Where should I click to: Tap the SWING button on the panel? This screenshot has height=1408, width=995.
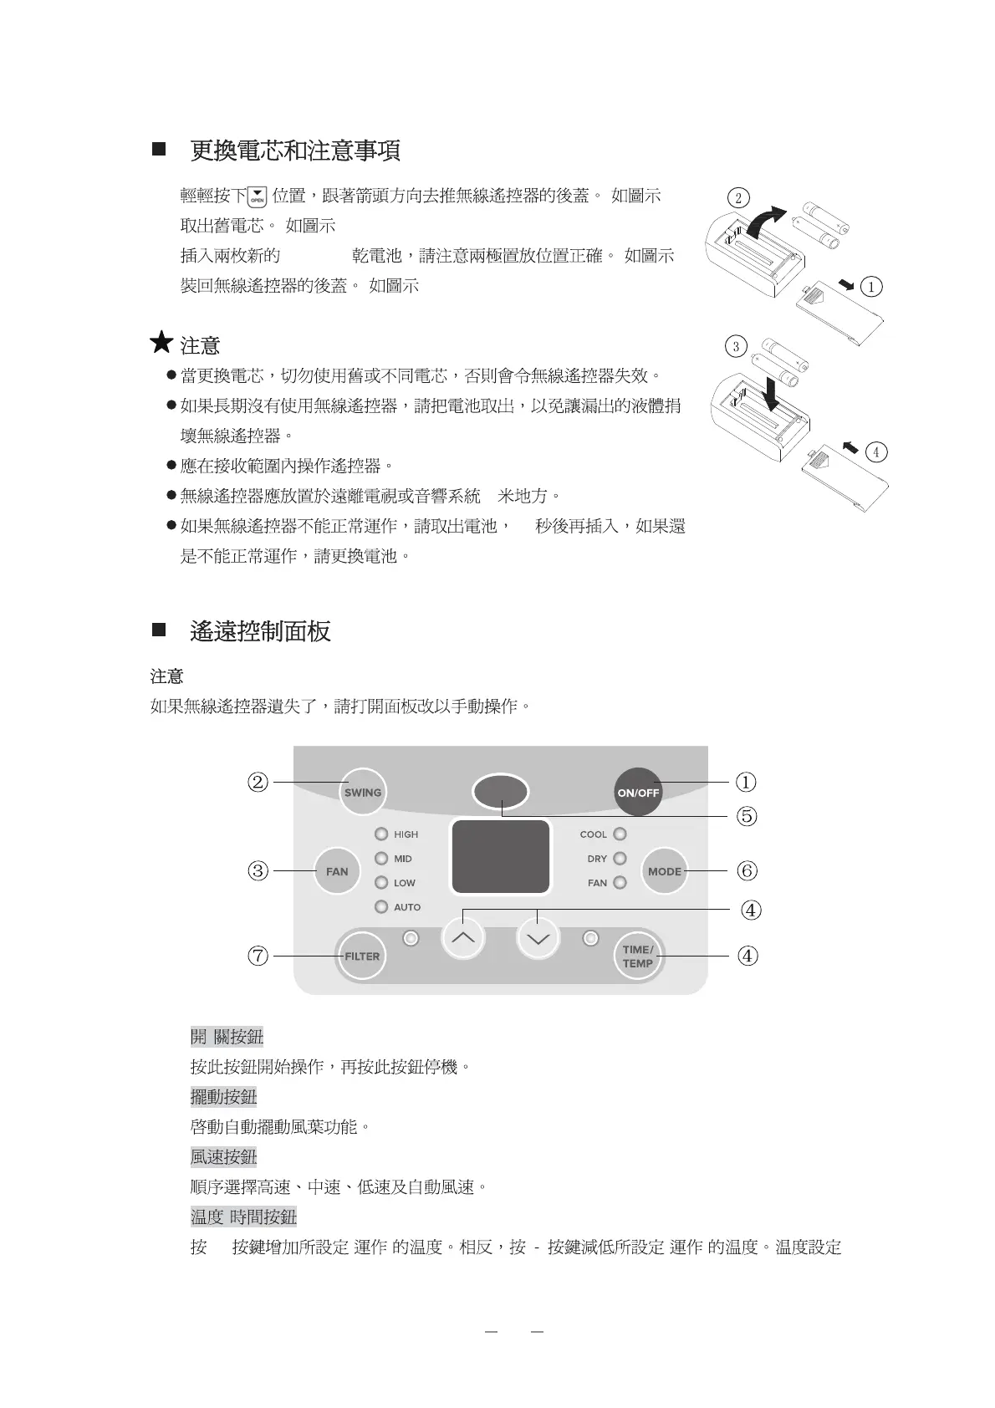pyautogui.click(x=363, y=792)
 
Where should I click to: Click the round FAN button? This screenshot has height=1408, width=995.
pyautogui.click(x=337, y=871)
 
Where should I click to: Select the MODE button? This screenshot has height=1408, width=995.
pyautogui.click(x=664, y=871)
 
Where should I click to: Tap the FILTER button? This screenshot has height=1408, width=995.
pyautogui.click(x=361, y=956)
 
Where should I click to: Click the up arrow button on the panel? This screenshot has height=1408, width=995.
pyautogui.click(x=462, y=938)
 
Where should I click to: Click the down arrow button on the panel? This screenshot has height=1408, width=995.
pyautogui.click(x=538, y=938)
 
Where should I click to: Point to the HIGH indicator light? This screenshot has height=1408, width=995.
pyautogui.click(x=381, y=834)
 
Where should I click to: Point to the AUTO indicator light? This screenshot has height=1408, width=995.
pyautogui.click(x=381, y=907)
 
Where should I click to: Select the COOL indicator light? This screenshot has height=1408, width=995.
pyautogui.click(x=620, y=834)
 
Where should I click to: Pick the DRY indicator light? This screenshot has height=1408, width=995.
pyautogui.click(x=620, y=859)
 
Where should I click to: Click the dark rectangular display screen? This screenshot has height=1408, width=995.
pyautogui.click(x=501, y=857)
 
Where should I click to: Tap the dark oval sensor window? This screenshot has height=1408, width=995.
pyautogui.click(x=500, y=791)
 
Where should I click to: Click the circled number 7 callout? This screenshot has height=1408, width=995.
pyautogui.click(x=258, y=956)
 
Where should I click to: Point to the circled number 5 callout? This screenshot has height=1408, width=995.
pyautogui.click(x=747, y=816)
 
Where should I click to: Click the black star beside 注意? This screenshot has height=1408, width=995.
pyautogui.click(x=161, y=343)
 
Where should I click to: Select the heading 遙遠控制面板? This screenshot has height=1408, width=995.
pyautogui.click(x=260, y=631)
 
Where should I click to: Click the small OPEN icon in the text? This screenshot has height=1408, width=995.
pyautogui.click(x=258, y=196)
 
